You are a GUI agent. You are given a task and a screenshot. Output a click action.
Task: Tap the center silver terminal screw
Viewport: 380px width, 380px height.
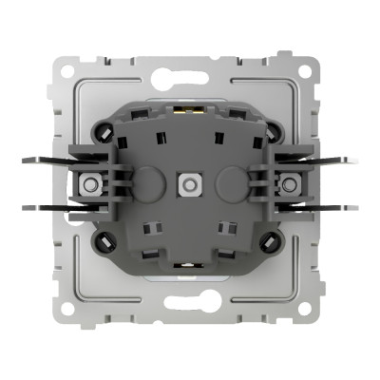pyautogui.click(x=188, y=180)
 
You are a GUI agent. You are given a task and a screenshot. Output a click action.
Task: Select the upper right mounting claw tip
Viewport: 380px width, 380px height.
pyautogui.click(x=353, y=160)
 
